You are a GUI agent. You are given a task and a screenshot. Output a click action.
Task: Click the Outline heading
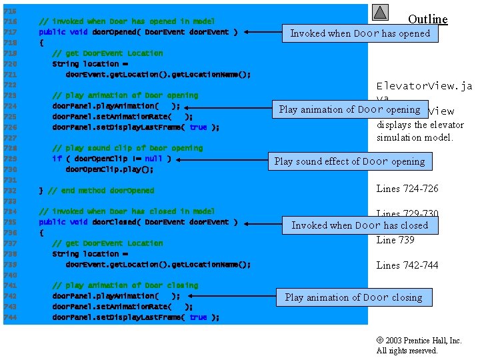click(x=427, y=19)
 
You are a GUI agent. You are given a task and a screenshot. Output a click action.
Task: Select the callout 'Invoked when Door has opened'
click(x=360, y=33)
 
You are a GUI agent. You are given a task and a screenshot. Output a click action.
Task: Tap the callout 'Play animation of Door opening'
click(x=349, y=109)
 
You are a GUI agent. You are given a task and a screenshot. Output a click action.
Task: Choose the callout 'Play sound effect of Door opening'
click(x=349, y=161)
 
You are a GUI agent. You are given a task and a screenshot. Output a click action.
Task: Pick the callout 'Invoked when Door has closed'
click(x=359, y=225)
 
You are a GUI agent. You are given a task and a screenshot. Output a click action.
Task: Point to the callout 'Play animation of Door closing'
click(x=353, y=297)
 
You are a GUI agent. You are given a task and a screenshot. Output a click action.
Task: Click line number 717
click(x=10, y=32)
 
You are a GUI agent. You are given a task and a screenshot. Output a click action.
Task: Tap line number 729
click(x=10, y=159)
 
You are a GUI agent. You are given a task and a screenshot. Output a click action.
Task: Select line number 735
click(x=10, y=222)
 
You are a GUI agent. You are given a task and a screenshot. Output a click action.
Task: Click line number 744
click(x=10, y=317)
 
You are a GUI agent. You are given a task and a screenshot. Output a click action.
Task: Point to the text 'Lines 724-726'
click(x=407, y=189)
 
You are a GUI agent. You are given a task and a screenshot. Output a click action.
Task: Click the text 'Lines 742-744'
click(x=407, y=265)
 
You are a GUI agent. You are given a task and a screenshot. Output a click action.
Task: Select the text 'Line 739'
click(x=395, y=240)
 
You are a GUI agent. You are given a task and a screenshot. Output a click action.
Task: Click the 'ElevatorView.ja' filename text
click(x=424, y=86)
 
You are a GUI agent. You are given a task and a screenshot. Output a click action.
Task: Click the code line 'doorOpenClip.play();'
click(x=109, y=169)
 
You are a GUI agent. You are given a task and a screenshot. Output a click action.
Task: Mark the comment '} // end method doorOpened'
click(x=96, y=191)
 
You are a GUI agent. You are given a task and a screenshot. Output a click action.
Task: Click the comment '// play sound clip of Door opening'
click(x=127, y=148)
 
